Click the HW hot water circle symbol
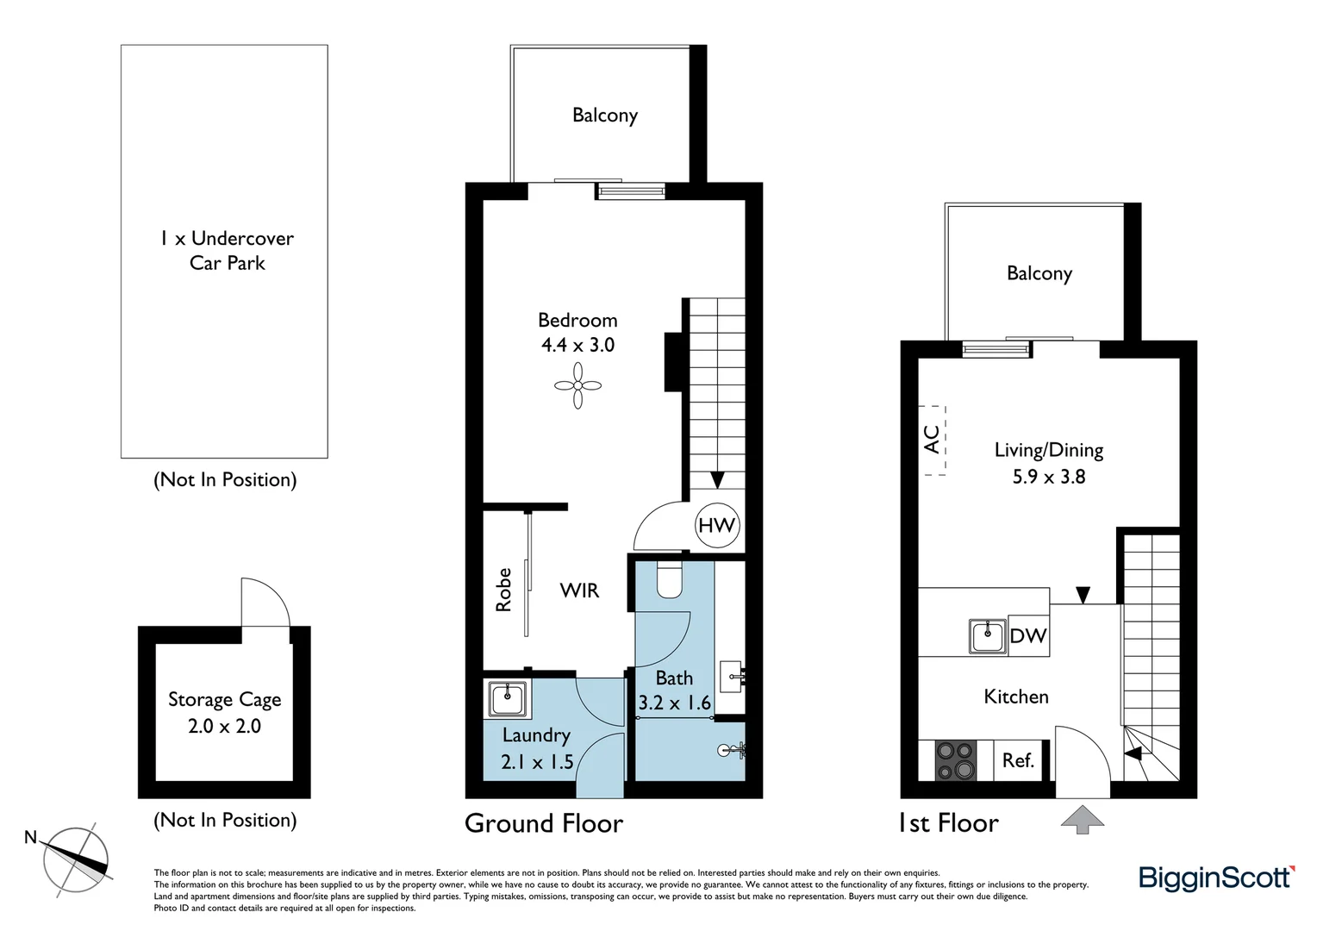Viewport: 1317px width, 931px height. (716, 525)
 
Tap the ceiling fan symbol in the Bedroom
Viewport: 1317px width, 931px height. (577, 385)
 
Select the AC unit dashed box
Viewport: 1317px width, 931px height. (933, 440)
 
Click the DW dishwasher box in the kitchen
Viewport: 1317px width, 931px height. (1028, 636)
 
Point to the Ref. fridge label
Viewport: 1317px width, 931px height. (1018, 760)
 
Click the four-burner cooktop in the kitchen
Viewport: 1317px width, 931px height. (955, 760)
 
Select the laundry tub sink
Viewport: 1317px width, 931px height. (508, 698)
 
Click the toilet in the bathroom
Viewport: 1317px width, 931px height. (669, 580)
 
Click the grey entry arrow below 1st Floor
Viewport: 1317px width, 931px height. (1082, 818)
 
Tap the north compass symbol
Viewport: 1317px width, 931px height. (78, 859)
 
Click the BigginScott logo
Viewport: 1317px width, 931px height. (1215, 878)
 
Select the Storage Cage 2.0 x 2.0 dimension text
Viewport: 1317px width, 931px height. (224, 726)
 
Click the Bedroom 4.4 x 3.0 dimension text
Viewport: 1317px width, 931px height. (577, 345)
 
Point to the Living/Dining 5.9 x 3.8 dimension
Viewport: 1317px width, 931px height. (1048, 476)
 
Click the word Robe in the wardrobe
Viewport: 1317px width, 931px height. (503, 590)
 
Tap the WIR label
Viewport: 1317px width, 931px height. (579, 590)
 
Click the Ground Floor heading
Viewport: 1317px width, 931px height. (544, 823)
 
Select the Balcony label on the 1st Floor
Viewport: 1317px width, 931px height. (1039, 273)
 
